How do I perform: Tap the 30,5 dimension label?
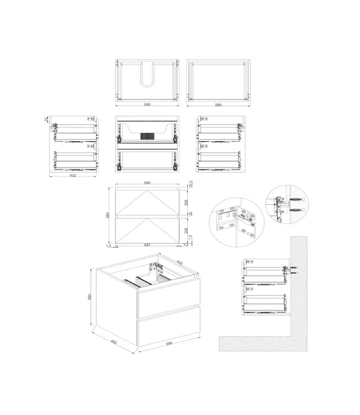point(190,184)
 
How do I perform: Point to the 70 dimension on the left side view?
point(47,119)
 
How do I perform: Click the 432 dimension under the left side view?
point(73,175)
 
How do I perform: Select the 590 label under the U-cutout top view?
point(147,104)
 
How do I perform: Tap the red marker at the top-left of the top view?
point(117,60)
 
